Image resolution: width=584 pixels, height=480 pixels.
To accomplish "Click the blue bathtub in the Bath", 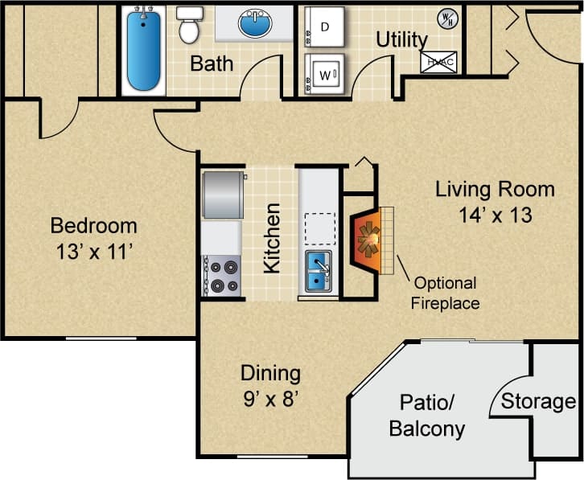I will pyautogui.click(x=145, y=50).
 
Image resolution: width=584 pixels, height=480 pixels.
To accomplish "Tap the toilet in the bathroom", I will pyautogui.click(x=190, y=24).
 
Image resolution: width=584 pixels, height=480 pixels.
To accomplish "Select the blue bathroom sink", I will pyautogui.click(x=255, y=23).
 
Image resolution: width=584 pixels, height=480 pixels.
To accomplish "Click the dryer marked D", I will pyautogui.click(x=324, y=27).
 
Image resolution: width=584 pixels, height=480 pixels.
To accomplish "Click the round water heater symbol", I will pyautogui.click(x=446, y=18).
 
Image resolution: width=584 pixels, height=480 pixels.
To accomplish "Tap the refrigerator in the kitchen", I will pyautogui.click(x=223, y=195).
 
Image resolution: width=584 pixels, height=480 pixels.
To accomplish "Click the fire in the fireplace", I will pyautogui.click(x=369, y=240).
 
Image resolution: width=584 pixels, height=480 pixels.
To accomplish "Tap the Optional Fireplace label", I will pyautogui.click(x=445, y=293).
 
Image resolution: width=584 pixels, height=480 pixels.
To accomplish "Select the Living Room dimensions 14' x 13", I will pyautogui.click(x=495, y=215).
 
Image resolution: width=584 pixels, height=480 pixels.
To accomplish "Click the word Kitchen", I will pyautogui.click(x=273, y=238).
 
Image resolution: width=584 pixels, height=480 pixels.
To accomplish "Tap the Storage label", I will pyautogui.click(x=538, y=401).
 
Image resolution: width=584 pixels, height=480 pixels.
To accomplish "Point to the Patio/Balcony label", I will pyautogui.click(x=426, y=416).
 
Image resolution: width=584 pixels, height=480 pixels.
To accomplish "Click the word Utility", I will pyautogui.click(x=402, y=39).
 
